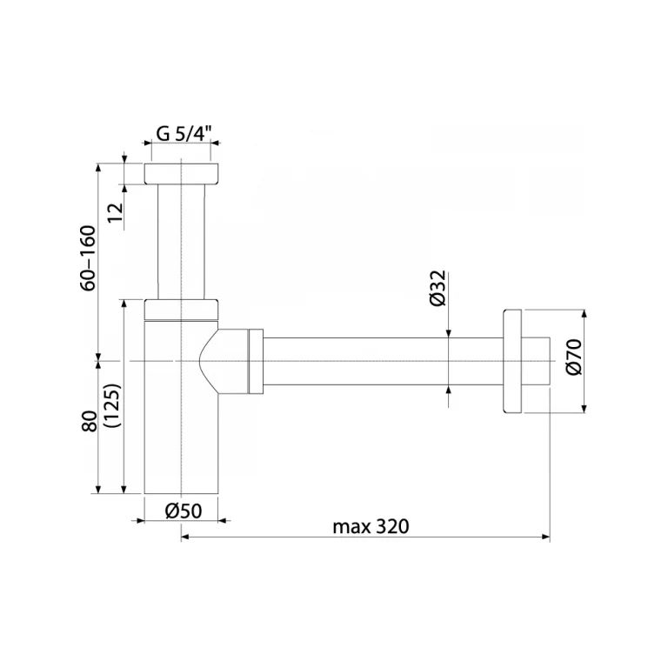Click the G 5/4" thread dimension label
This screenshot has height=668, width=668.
tap(184, 133)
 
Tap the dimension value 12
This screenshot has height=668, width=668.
tap(116, 212)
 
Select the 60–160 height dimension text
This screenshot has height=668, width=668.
tap(89, 257)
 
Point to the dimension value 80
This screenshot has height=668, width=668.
tap(90, 421)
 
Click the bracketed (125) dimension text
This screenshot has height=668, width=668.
tap(113, 405)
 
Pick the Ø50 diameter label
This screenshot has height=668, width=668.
tap(184, 511)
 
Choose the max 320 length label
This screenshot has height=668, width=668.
tap(371, 526)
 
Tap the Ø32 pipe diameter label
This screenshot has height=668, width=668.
tap(438, 288)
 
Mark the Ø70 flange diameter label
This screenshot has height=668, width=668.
tap(574, 357)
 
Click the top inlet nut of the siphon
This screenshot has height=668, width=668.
tap(181, 173)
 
